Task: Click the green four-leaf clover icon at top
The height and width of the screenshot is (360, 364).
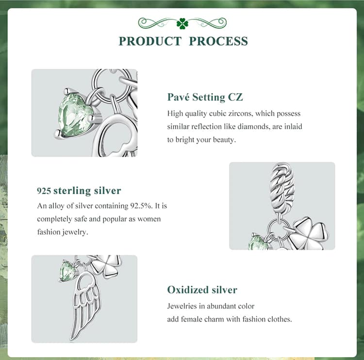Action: click(182, 23)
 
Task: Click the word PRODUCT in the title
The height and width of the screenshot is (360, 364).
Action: click(150, 41)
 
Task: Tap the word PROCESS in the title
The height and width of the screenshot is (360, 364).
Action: click(218, 41)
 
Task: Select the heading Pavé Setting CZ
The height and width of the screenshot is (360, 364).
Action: click(205, 97)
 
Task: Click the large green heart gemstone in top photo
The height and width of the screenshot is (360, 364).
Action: click(75, 114)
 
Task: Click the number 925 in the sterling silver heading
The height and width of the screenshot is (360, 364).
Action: click(44, 191)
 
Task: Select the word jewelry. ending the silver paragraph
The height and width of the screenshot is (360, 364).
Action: click(75, 232)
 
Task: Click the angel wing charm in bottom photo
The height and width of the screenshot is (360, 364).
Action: click(85, 305)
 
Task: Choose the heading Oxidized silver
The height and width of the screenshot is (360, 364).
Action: click(202, 290)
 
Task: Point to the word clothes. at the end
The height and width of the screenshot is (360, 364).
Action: click(280, 319)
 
